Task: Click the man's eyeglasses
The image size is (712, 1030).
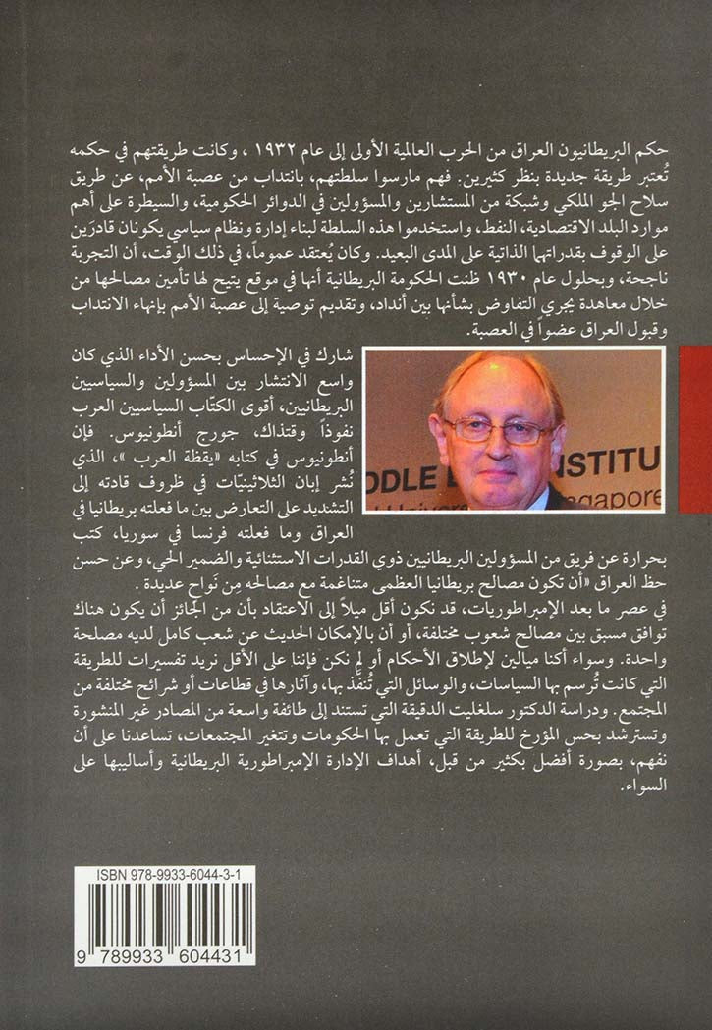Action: pyautogui.click(x=500, y=429)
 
